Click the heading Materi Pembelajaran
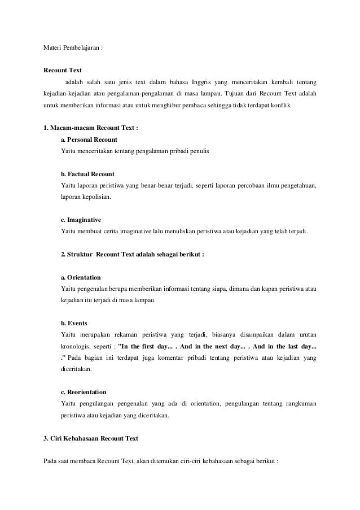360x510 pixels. tap(73, 49)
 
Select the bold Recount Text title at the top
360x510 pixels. tap(63, 71)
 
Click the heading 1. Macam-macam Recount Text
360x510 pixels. tap(91, 128)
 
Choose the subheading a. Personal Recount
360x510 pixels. tap(89, 140)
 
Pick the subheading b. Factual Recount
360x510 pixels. tap(87, 174)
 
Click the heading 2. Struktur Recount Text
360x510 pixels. tap(132, 254)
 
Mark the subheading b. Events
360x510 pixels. tap(74, 324)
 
